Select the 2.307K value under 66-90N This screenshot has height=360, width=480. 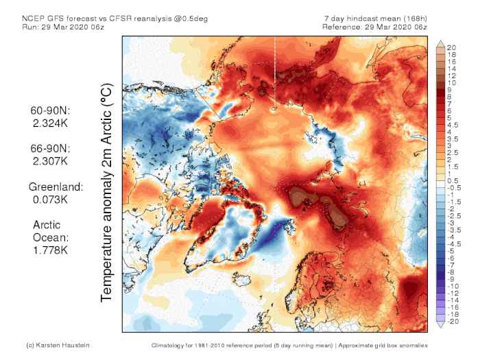49,160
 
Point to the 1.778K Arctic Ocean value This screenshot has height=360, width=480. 49,250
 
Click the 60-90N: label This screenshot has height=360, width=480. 49,110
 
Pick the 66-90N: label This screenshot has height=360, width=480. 49,148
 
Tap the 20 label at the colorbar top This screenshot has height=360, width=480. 451,48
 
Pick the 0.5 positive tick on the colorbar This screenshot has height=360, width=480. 451,180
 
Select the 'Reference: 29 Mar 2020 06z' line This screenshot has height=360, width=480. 376,26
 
